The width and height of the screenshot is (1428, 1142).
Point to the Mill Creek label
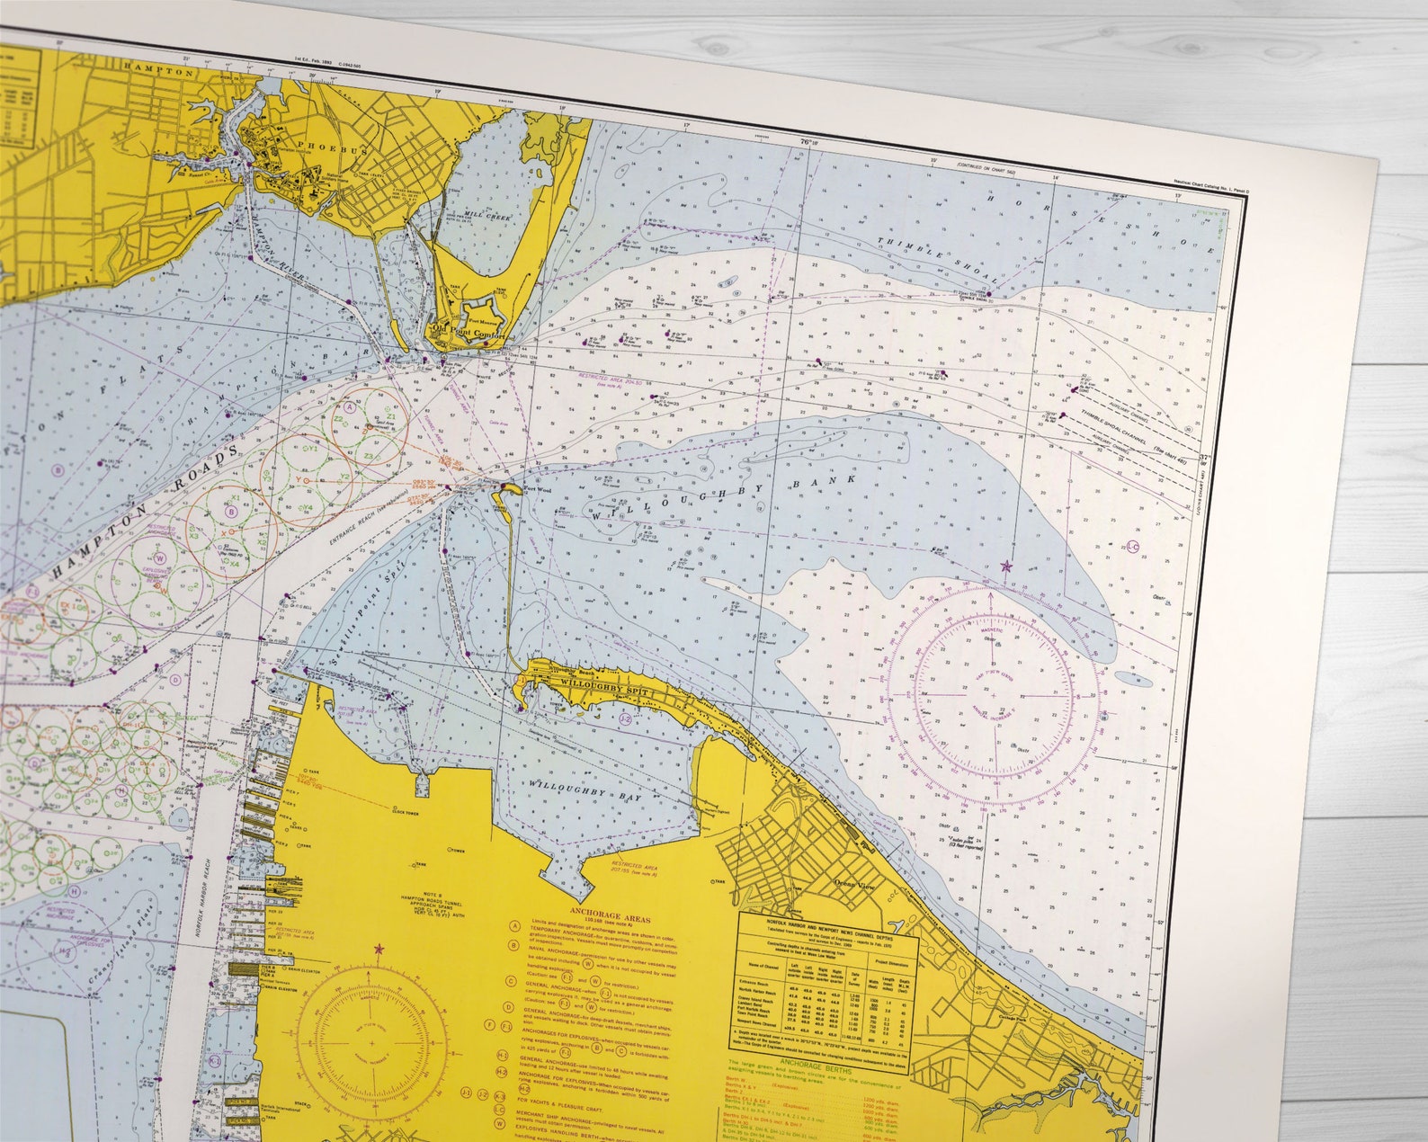(x=485, y=216)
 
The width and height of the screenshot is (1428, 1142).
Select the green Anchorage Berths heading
(x=810, y=1062)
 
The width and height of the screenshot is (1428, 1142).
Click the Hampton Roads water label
(x=144, y=513)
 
